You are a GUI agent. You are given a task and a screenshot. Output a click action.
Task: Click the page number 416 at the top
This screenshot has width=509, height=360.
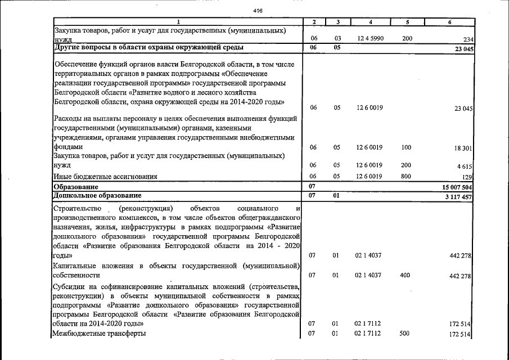pyautogui.click(x=258, y=11)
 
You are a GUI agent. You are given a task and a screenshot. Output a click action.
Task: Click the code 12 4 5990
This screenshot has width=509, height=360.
pyautogui.click(x=369, y=38)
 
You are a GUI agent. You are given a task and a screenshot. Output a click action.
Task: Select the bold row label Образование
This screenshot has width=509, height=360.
pyautogui.click(x=76, y=186)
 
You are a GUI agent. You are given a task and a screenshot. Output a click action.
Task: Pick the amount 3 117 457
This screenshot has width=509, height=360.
pyautogui.click(x=456, y=196)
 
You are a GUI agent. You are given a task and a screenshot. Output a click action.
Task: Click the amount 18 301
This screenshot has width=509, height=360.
pyautogui.click(x=463, y=148)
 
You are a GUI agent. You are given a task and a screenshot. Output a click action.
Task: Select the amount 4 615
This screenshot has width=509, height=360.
pyautogui.click(x=465, y=167)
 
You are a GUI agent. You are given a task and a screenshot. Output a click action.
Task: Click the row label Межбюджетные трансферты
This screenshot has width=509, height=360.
pyautogui.click(x=98, y=334)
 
